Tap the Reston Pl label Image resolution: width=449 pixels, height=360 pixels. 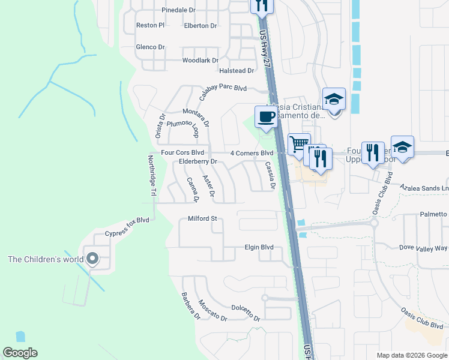point(150,26)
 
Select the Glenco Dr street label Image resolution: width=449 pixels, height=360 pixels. point(150,47)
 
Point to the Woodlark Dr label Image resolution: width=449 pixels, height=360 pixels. point(200,61)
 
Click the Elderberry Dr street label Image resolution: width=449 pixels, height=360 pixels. point(197,162)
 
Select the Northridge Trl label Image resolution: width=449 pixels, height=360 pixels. point(152,176)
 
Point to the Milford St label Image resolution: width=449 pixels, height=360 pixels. point(202,219)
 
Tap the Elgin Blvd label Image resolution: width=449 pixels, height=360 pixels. point(259,247)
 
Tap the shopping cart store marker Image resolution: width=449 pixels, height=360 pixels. point(298,144)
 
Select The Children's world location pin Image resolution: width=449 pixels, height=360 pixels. point(92,259)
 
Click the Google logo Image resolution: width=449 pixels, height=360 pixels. point(20,353)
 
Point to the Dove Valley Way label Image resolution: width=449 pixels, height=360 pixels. point(423,248)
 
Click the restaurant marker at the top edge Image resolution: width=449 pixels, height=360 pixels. point(261,5)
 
